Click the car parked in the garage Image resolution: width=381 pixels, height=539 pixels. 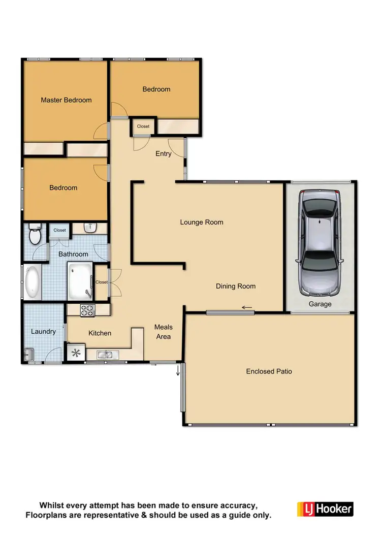320,242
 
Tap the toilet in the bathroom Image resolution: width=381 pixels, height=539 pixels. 35,235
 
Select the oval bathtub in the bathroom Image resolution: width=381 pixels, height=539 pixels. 33,283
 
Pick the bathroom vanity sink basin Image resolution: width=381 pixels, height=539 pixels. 89,227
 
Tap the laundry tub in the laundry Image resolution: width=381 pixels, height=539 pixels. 28,354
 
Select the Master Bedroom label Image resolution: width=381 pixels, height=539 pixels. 66,100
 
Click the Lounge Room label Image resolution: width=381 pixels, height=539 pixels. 202,222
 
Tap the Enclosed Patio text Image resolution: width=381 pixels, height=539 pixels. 269,371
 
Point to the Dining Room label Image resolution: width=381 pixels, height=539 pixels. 236,286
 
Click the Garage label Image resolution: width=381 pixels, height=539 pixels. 320,304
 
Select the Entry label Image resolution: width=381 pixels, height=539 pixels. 163,154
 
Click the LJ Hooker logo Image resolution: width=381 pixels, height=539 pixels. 325,509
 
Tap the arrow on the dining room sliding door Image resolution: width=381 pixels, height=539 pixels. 247,307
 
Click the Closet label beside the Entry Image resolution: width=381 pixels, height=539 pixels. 143,126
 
